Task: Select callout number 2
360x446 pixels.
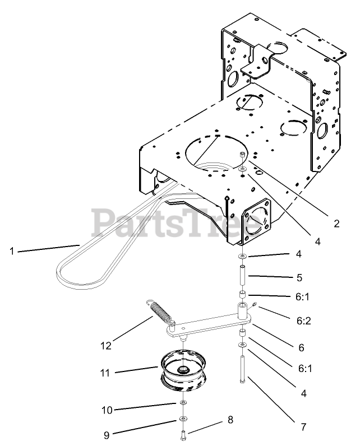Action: click(x=336, y=223)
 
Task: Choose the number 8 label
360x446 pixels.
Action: click(x=230, y=419)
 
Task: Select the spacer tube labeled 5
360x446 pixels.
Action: click(x=242, y=276)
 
